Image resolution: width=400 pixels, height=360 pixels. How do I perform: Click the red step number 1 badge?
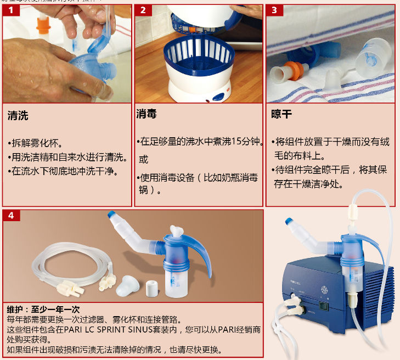(x=10, y=10)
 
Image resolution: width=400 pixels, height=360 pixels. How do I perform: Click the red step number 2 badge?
(x=143, y=10)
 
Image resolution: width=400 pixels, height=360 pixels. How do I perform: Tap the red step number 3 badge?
(x=274, y=10)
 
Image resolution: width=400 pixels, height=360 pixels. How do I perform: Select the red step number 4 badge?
(x=10, y=215)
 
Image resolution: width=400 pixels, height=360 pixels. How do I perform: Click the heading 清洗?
(x=18, y=116)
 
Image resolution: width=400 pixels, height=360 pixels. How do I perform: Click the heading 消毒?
(x=147, y=114)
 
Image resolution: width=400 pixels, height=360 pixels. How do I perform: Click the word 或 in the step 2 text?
(x=143, y=160)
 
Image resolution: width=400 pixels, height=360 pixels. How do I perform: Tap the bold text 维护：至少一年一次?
(x=43, y=310)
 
